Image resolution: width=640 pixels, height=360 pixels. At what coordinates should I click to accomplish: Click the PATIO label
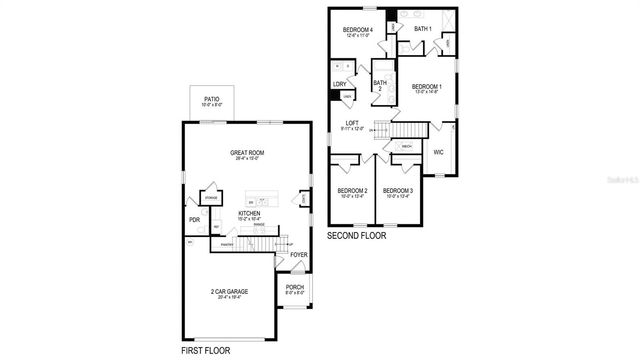pyautogui.click(x=211, y=99)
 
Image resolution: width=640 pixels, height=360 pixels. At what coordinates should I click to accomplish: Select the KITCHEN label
pyautogui.click(x=250, y=213)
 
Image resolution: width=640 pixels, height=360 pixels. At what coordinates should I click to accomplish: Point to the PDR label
pyautogui.click(x=194, y=220)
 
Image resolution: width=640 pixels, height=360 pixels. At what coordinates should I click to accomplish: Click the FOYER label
pyautogui.click(x=298, y=254)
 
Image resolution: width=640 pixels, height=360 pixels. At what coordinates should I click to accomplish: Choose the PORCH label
pyautogui.click(x=295, y=286)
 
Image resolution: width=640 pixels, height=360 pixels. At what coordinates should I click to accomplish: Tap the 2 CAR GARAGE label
pyautogui.click(x=230, y=292)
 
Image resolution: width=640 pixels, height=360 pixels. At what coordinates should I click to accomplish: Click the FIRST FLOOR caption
pyautogui.click(x=207, y=351)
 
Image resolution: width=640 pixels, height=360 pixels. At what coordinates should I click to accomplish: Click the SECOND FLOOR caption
pyautogui.click(x=358, y=236)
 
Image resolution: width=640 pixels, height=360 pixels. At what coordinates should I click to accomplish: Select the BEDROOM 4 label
pyautogui.click(x=357, y=30)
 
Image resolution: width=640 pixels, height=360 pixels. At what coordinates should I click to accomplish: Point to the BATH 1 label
pyautogui.click(x=422, y=29)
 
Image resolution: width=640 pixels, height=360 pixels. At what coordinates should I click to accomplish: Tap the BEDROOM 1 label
pyautogui.click(x=426, y=87)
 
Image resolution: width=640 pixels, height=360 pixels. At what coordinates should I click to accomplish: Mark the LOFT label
pyautogui.click(x=352, y=123)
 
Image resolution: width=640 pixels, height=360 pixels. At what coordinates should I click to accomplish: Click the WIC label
pyautogui.click(x=438, y=152)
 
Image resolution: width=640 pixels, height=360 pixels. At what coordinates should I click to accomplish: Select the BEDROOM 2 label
pyautogui.click(x=352, y=190)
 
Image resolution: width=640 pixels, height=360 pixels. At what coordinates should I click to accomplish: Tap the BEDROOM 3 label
pyautogui.click(x=398, y=190)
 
